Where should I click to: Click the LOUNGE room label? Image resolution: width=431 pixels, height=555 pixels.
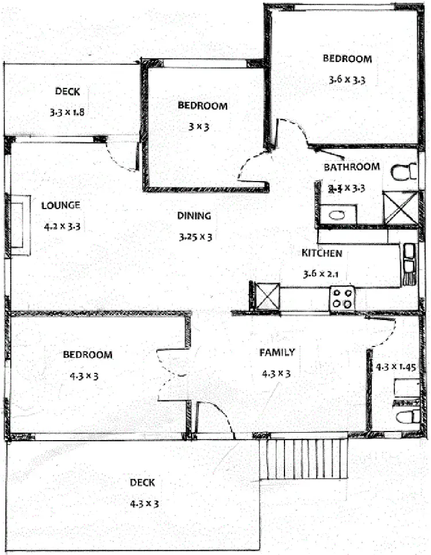tap(60, 205)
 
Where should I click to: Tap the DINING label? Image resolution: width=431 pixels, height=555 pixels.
tap(194, 216)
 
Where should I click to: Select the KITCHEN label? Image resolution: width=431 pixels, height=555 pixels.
tap(322, 253)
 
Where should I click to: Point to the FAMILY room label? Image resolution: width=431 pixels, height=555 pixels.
tap(277, 352)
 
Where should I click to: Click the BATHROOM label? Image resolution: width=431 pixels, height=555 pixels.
tap(352, 167)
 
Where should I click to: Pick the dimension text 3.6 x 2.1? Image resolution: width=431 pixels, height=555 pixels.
tap(321, 274)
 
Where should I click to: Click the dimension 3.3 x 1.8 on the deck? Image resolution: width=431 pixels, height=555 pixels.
tap(67, 112)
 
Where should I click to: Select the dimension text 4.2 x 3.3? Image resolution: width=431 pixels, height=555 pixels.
tap(61, 226)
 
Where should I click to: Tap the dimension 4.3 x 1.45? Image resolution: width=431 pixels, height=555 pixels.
tap(396, 366)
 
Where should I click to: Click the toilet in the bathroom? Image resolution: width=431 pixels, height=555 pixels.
tap(404, 171)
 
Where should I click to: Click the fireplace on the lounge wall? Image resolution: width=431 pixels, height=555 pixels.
tap(18, 225)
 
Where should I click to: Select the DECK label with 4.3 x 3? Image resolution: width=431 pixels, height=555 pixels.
tap(142, 483)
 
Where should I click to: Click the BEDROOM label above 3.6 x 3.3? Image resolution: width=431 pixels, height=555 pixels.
tap(347, 58)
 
